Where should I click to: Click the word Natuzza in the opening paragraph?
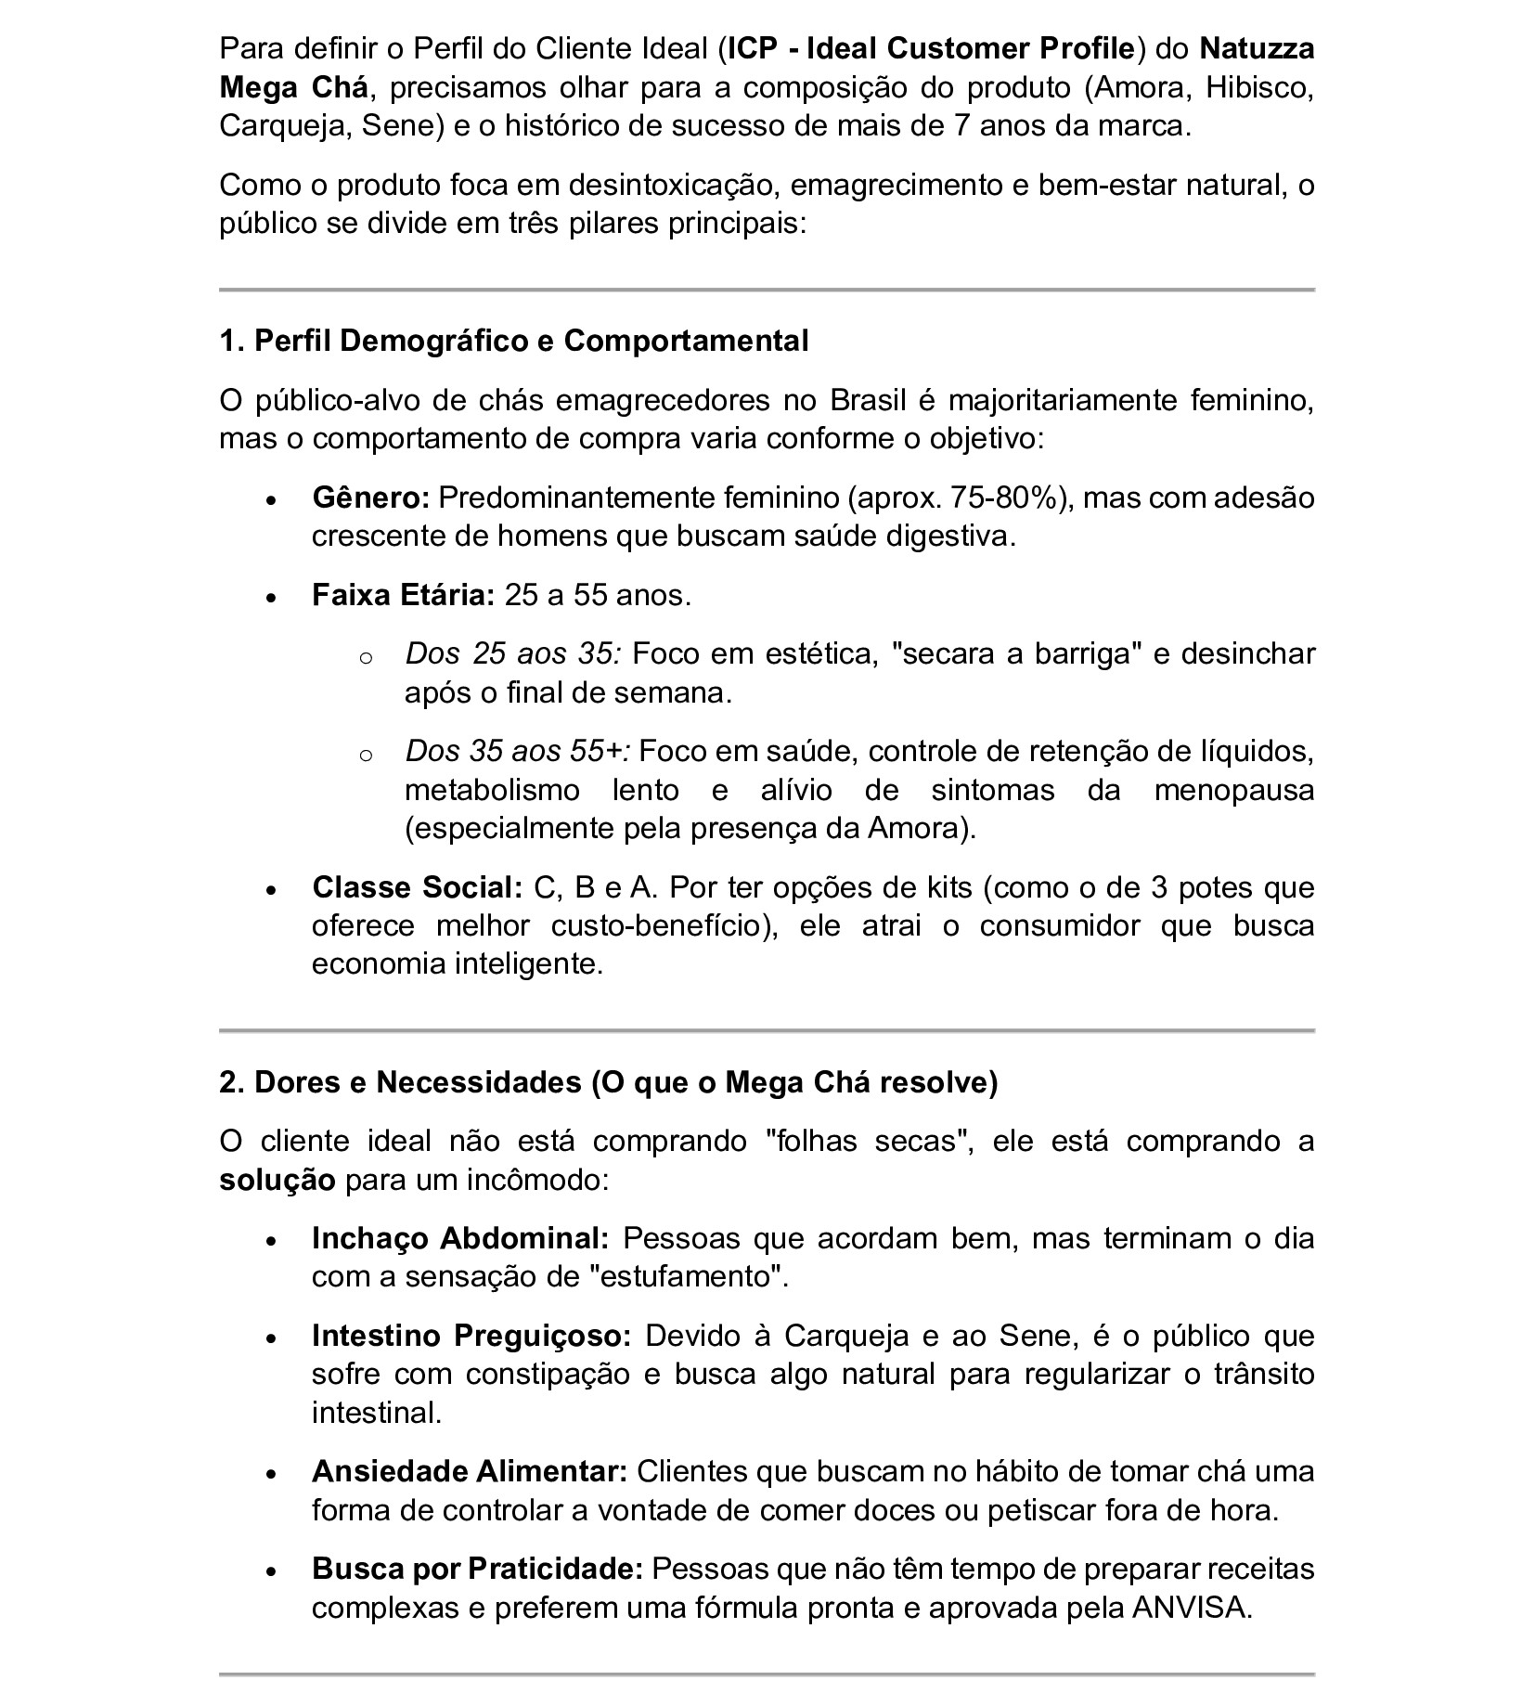[x=1257, y=48]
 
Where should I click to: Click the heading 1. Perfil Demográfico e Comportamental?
[x=513, y=341]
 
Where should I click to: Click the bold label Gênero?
[x=370, y=498]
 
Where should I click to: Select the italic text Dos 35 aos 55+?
[x=518, y=751]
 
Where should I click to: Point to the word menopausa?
[x=1234, y=790]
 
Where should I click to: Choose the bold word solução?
[x=277, y=1181]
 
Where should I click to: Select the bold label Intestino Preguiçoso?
[x=471, y=1336]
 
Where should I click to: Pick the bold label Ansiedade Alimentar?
[x=470, y=1471]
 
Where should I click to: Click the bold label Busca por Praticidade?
[x=477, y=1569]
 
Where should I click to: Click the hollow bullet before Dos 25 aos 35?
[x=365, y=658]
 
